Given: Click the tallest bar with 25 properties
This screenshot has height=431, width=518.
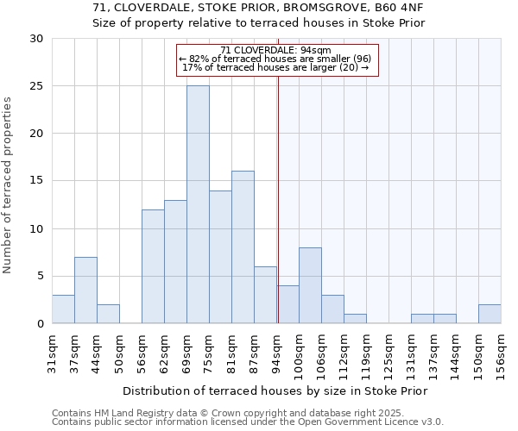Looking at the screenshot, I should click(198, 204).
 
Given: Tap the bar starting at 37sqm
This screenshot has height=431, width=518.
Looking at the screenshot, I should click(85, 290).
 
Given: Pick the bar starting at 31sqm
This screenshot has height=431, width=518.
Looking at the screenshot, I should click(63, 309).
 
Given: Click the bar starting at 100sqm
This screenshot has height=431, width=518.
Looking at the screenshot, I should click(310, 285).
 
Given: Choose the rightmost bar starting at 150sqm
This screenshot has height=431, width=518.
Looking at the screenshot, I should click(490, 315).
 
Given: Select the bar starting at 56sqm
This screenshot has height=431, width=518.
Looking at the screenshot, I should click(153, 266).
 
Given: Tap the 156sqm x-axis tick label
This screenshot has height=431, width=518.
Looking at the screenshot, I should click(502, 351).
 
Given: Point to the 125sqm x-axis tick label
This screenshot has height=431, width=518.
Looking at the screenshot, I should click(389, 351).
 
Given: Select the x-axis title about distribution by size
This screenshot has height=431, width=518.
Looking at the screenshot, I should click(275, 390).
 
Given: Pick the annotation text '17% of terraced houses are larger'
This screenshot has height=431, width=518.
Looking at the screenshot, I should click(275, 67).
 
